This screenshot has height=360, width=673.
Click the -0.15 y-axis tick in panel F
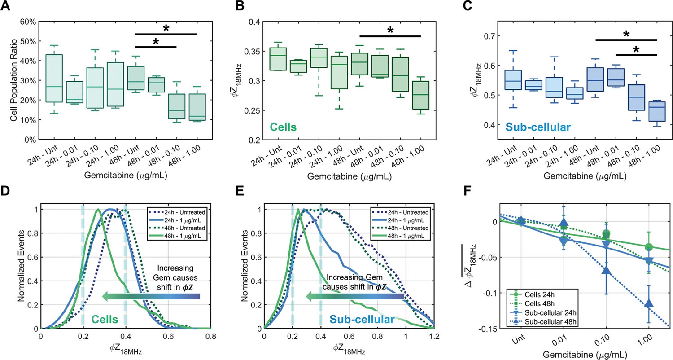click(x=486, y=329)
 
